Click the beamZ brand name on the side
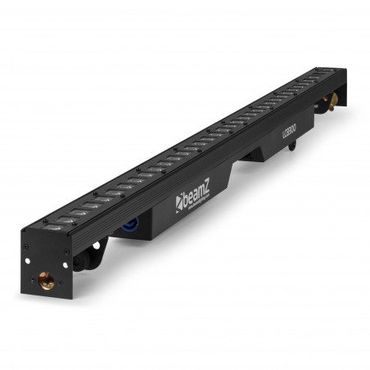(193, 199)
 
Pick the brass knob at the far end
(332, 102)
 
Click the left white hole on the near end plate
(28, 268)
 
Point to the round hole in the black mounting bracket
(99, 246)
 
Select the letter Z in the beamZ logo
(209, 192)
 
